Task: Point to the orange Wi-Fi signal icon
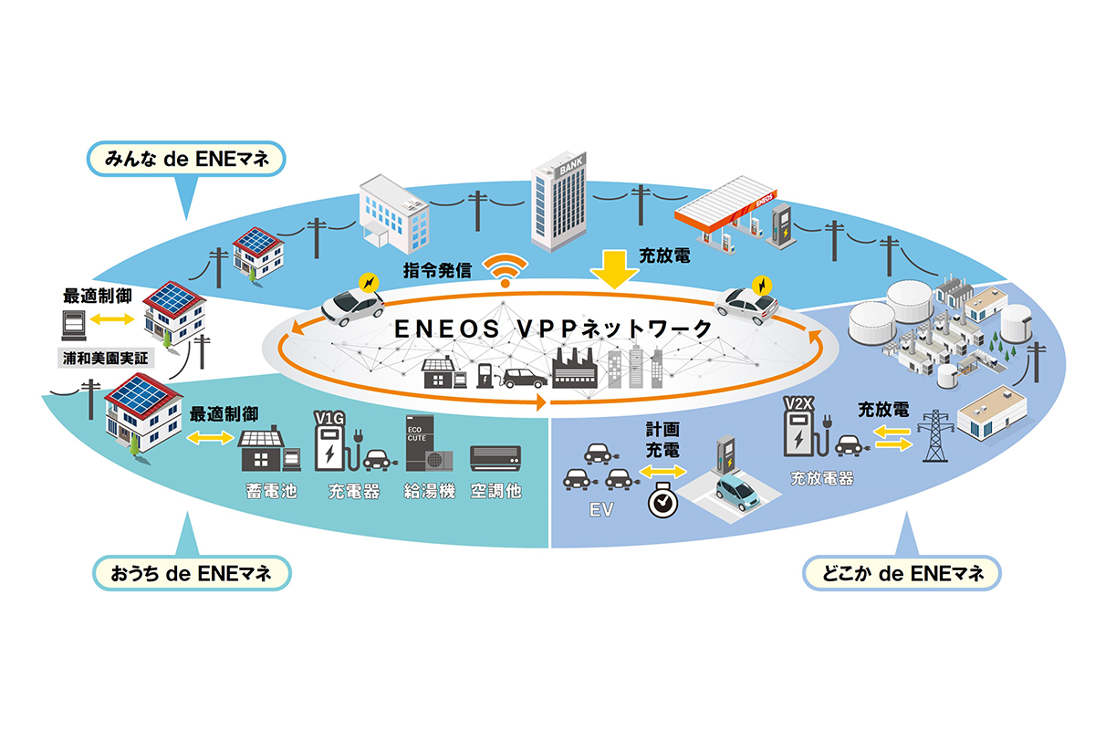505,269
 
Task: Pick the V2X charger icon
798,428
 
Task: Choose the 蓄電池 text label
267,491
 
